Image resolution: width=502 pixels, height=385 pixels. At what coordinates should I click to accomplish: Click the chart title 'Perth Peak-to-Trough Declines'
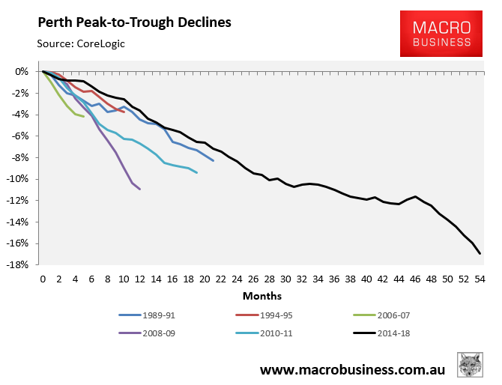click(x=134, y=22)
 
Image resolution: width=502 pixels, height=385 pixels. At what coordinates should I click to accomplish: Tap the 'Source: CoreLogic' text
click(x=81, y=43)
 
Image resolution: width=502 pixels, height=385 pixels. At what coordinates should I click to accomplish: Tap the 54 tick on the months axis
click(x=480, y=279)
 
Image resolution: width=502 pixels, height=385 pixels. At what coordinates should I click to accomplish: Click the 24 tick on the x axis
click(x=237, y=279)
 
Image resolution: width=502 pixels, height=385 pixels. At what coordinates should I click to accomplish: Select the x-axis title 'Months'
click(x=261, y=295)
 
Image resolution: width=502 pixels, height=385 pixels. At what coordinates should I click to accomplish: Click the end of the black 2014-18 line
click(x=480, y=253)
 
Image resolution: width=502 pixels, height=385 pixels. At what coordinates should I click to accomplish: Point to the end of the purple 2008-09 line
click(x=140, y=189)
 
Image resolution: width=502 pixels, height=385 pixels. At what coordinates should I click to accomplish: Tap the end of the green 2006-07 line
click(x=83, y=116)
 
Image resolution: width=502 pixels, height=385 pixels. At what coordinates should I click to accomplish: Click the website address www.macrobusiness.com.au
click(x=353, y=370)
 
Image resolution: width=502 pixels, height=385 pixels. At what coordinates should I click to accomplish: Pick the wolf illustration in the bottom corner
click(x=471, y=366)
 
